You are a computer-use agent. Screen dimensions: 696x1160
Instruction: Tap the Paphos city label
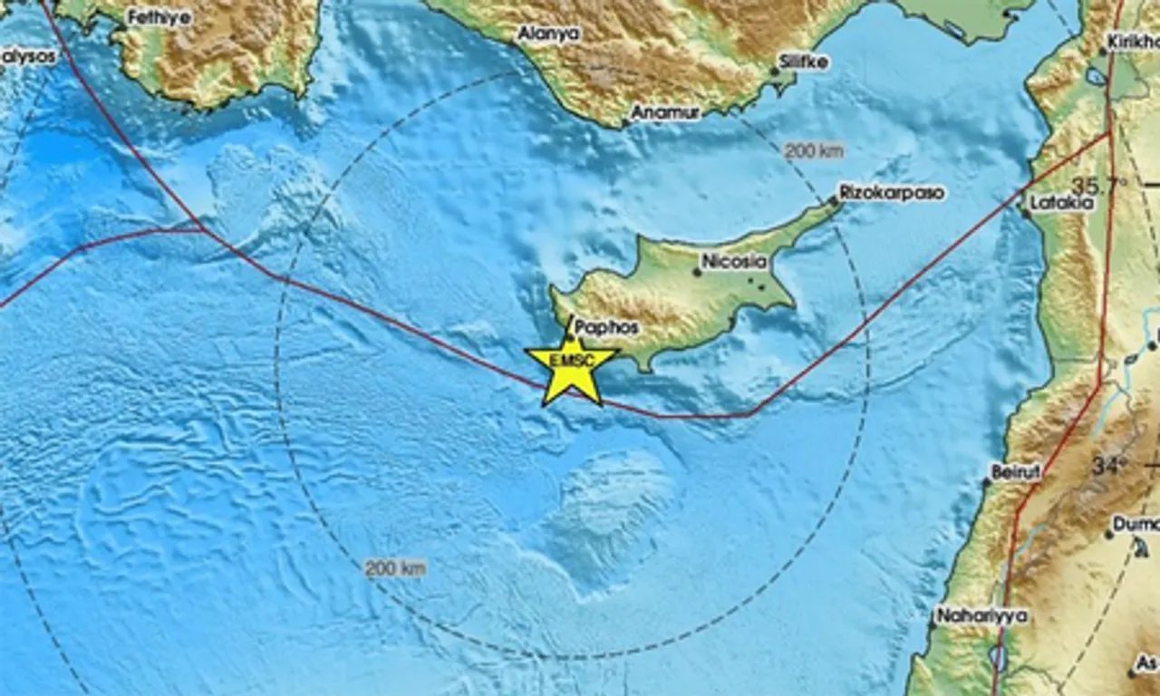tap(606, 327)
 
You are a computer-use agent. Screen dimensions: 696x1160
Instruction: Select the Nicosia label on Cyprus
tap(734, 262)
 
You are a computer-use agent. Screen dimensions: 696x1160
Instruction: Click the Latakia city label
tap(1061, 203)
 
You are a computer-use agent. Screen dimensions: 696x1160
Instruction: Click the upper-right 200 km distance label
tap(813, 151)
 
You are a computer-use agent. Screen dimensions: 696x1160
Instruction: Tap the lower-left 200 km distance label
tap(395, 569)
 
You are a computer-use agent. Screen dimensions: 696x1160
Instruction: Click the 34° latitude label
tap(1107, 466)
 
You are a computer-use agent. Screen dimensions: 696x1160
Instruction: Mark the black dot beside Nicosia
tap(697, 271)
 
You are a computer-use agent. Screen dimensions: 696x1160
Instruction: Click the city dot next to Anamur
tap(625, 122)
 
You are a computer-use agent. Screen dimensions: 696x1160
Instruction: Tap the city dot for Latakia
tap(1025, 214)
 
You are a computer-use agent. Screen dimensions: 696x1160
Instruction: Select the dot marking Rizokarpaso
tap(835, 201)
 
